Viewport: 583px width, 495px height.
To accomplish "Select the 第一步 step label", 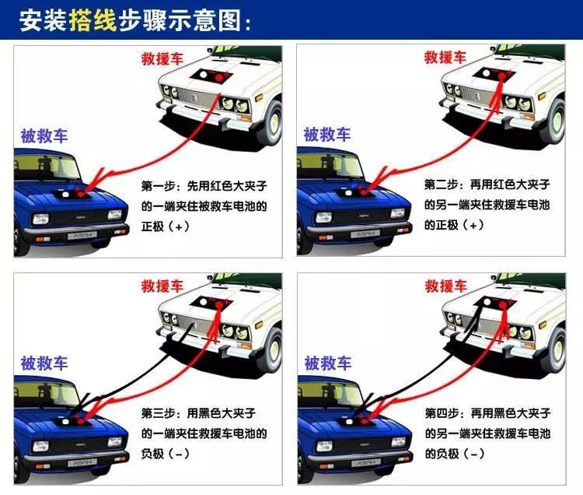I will (159, 187).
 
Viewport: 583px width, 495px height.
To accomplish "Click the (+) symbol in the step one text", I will (179, 226).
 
